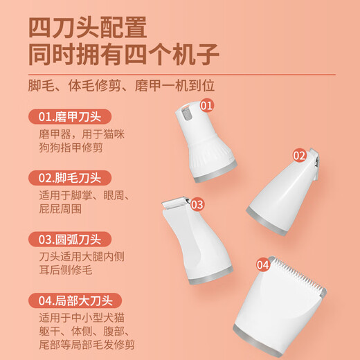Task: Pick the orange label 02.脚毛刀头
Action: (70, 178)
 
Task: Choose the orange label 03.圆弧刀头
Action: (70, 240)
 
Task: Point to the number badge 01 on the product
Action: (206, 105)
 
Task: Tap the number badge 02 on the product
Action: (299, 156)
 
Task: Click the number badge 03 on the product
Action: (197, 204)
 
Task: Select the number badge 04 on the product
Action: (263, 264)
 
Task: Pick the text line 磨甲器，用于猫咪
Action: (75, 134)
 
